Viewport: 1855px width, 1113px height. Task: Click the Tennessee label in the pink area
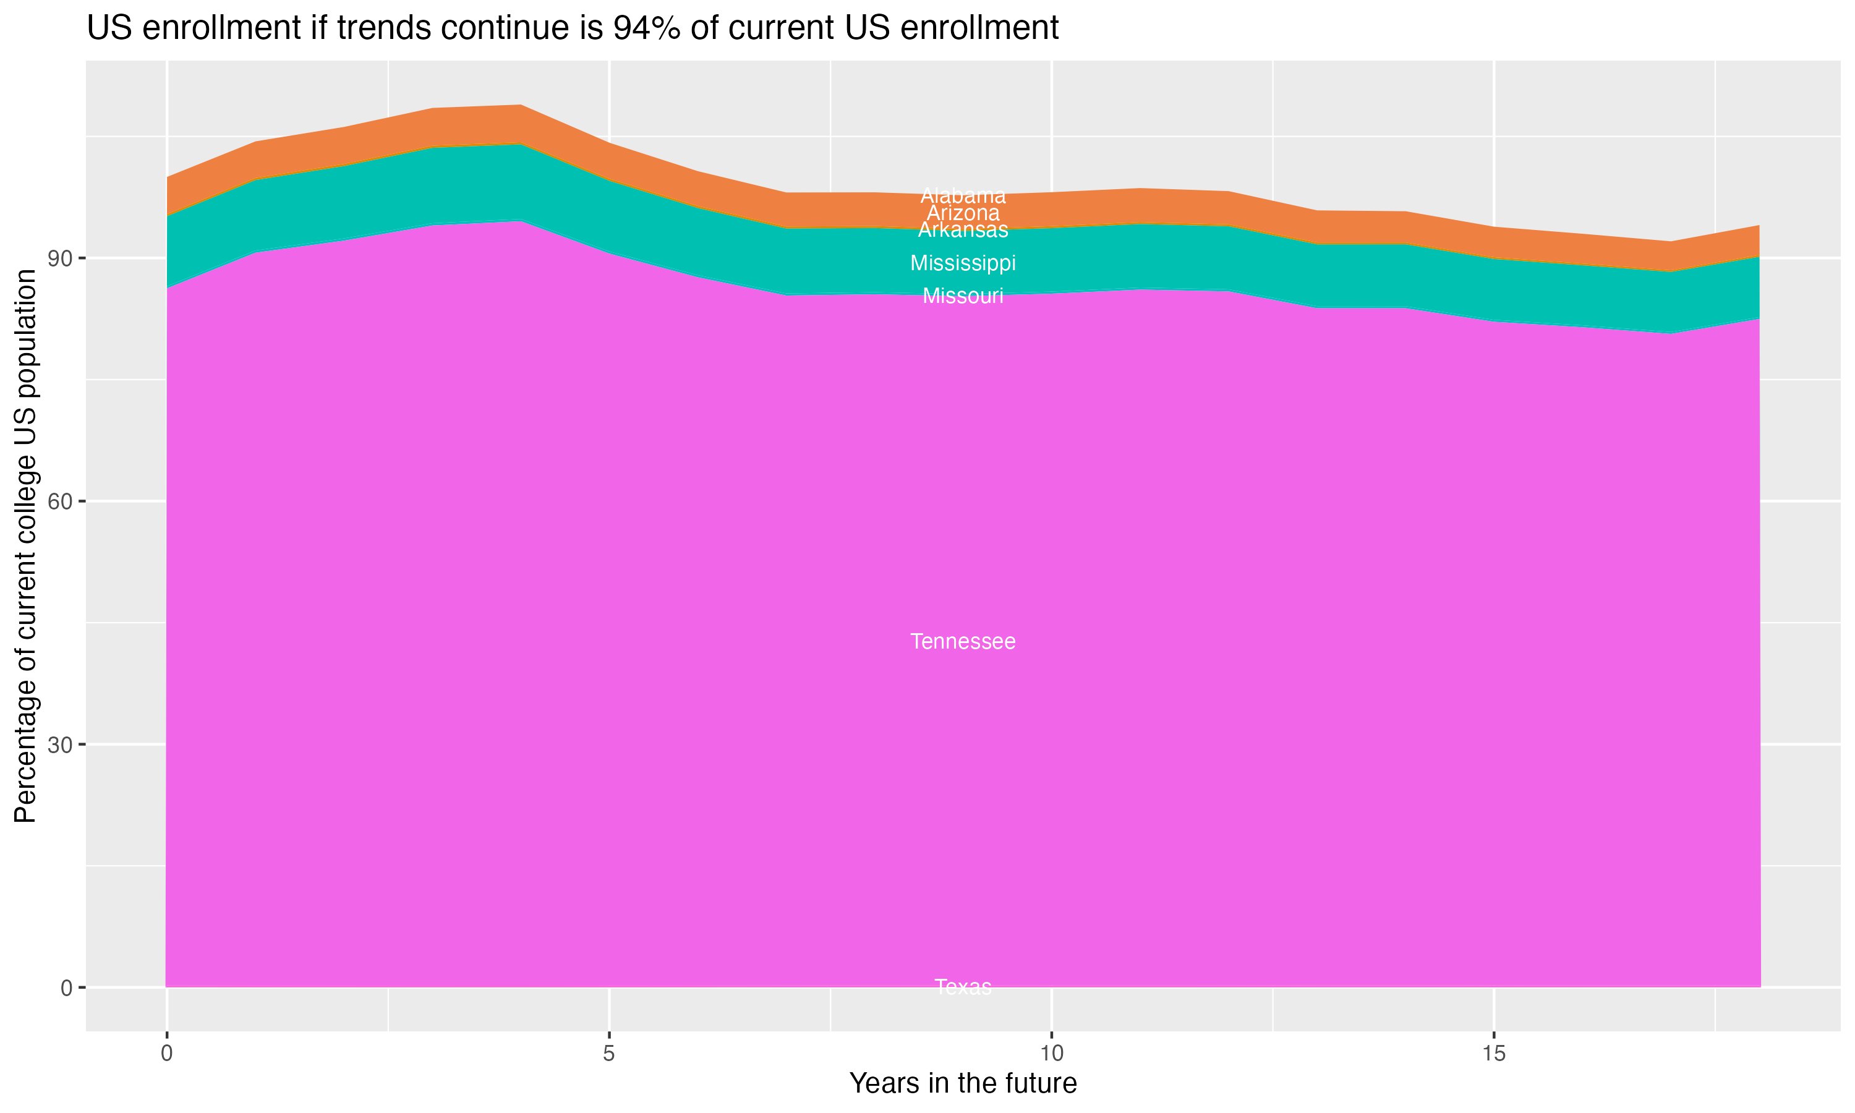click(963, 642)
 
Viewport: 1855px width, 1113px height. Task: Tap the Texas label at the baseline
click(963, 987)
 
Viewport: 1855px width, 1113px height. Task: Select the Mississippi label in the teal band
click(963, 263)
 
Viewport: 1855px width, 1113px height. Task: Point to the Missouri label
click(963, 296)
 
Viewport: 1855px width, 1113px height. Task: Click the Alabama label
click(963, 196)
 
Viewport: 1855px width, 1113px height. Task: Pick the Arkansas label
click(963, 230)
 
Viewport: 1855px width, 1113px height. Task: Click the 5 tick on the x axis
click(609, 1054)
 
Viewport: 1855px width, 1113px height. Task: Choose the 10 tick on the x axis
click(1051, 1054)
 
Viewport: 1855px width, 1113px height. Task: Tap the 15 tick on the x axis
click(1494, 1054)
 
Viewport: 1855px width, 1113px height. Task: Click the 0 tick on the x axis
click(166, 1054)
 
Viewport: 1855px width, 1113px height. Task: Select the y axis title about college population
click(25, 546)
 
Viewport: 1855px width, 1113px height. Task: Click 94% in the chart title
click(647, 28)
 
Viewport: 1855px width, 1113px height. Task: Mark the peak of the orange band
click(521, 106)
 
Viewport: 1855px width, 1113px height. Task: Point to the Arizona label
click(963, 213)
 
